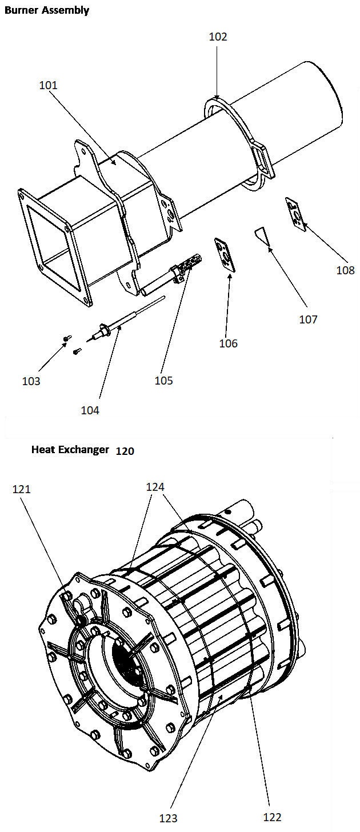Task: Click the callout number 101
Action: click(49, 86)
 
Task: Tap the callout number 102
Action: click(218, 37)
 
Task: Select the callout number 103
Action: click(31, 381)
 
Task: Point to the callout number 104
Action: click(90, 410)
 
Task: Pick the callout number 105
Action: click(164, 381)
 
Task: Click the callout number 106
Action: click(229, 343)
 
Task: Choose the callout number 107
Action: click(309, 319)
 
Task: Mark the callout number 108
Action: click(346, 270)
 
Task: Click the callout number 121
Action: click(22, 489)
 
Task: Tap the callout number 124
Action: click(155, 487)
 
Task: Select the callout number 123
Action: click(169, 818)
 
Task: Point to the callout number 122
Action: click(273, 817)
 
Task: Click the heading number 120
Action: click(125, 451)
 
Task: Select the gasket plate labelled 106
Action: click(225, 255)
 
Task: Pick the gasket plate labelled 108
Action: click(296, 214)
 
